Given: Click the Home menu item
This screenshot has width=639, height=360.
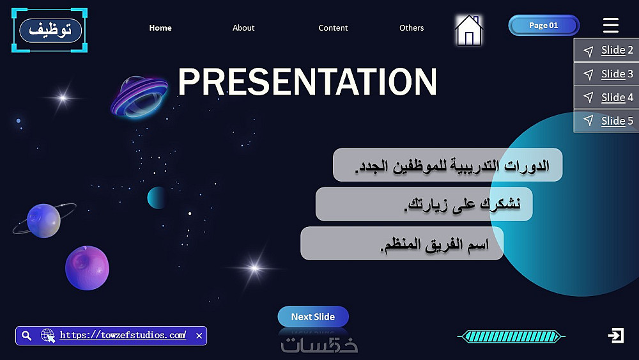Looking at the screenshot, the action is point(160,27).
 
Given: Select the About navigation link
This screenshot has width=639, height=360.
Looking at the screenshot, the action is point(243,27).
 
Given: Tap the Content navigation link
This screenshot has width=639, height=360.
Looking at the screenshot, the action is point(333,27).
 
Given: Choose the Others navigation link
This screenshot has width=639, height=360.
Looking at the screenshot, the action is point(411,27).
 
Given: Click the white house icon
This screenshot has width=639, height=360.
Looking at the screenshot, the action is point(468,30).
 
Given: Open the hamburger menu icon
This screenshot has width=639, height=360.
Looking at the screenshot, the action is point(610,26).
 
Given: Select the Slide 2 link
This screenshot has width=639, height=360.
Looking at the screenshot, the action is point(617,50).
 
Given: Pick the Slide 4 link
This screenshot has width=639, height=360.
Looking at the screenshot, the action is point(617,97).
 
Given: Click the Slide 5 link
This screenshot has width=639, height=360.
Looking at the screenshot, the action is point(617,121).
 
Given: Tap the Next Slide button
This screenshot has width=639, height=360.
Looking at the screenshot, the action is point(313,317).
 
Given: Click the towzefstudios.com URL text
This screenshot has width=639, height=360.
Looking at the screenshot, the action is point(123,335).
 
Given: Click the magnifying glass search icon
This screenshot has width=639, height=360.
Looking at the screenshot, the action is point(26,336).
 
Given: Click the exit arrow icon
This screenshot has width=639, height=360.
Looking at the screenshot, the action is point(615,336).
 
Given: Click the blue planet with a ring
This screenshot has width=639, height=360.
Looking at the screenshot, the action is point(43,221).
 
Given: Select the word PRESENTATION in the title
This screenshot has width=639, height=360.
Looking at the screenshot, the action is point(307,82).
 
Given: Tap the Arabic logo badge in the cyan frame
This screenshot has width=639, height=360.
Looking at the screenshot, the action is point(50,30).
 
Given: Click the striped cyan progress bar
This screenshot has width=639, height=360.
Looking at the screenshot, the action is point(511,336).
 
